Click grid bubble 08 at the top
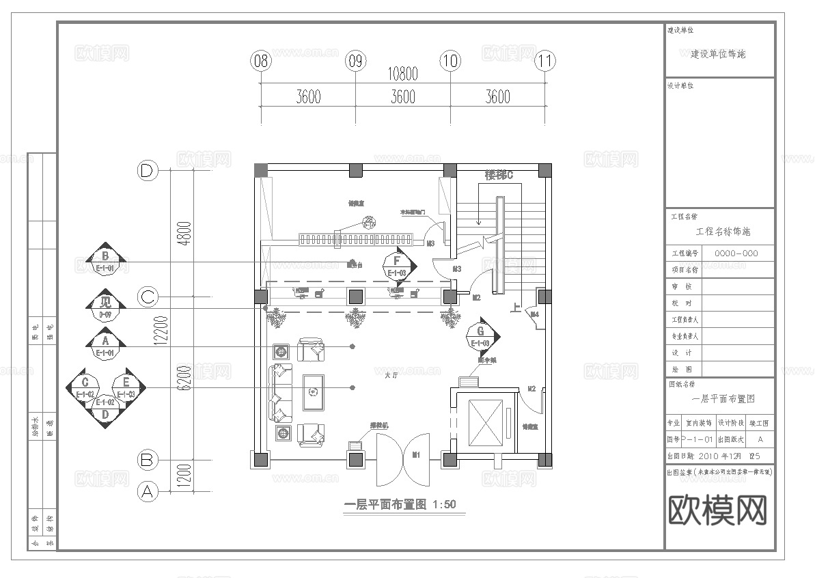[x=260, y=61]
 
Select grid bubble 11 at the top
[x=544, y=61]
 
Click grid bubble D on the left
[x=146, y=171]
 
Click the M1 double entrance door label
[x=416, y=453]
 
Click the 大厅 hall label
[x=391, y=375]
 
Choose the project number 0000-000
[x=736, y=253]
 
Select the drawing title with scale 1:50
[x=400, y=505]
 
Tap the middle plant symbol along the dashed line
[x=355, y=318]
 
